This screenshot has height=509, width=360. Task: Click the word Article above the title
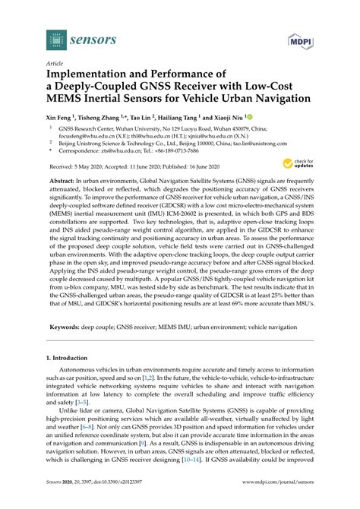click(x=55, y=65)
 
